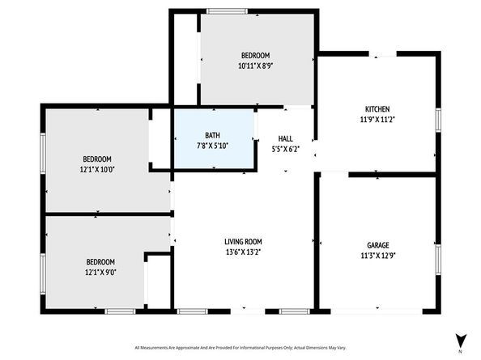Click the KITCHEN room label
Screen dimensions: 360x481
pos(377,109)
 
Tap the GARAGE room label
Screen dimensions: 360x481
pos(378,245)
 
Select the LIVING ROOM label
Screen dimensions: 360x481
pos(243,241)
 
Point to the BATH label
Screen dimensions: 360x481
pos(212,135)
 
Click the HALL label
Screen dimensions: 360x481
pos(286,138)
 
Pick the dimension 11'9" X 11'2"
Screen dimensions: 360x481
pos(377,120)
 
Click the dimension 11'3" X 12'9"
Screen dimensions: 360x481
pos(378,256)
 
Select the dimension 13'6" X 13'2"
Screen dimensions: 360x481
pos(243,252)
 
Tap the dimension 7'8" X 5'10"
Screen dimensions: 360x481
pos(212,146)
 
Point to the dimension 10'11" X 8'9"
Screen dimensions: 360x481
pos(254,66)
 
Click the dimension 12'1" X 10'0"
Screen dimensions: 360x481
pos(97,170)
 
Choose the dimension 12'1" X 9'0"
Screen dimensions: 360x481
pos(100,272)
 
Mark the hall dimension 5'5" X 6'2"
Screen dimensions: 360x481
pos(286,149)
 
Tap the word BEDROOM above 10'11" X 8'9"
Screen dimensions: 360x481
pos(254,55)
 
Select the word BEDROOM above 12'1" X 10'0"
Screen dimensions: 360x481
pos(97,159)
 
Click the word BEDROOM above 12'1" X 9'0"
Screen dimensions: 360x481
pos(100,261)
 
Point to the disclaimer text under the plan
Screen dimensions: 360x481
pos(240,346)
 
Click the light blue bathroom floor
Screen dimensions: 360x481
pos(194,158)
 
